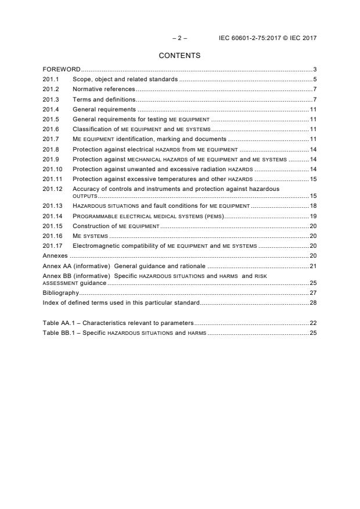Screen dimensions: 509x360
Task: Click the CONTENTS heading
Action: (179, 56)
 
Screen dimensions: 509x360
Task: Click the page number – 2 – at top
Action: (179, 38)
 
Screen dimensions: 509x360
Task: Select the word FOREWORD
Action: (62, 69)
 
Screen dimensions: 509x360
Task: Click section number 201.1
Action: (51, 79)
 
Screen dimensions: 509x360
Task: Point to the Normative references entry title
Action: (103, 89)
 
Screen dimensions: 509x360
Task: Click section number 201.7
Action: (51, 139)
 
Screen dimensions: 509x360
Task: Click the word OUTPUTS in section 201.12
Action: (85, 196)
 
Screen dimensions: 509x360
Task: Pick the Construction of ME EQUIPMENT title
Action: (116, 226)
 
